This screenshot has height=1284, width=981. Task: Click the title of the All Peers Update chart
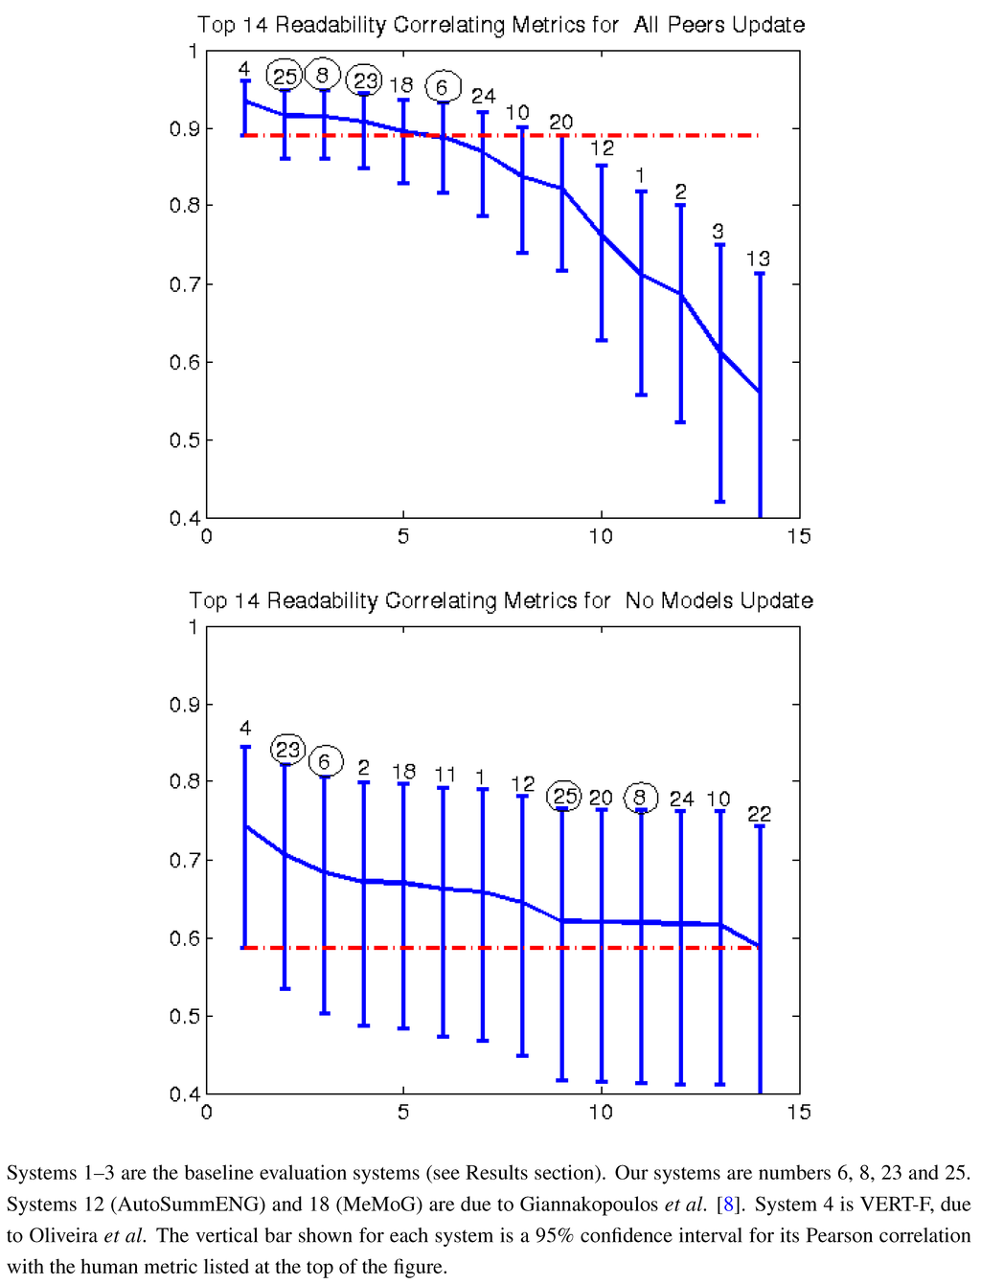tap(500, 25)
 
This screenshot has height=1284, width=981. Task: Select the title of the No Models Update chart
tap(500, 600)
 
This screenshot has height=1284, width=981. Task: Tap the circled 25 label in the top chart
tap(285, 76)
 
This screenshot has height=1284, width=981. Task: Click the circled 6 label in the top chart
tap(442, 87)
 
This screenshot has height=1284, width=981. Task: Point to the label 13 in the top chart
tap(758, 259)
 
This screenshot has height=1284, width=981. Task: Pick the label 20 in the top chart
tap(561, 122)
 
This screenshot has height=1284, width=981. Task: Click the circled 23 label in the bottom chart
tap(287, 750)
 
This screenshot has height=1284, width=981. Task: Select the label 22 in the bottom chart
tap(759, 814)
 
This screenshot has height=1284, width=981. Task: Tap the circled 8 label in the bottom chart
tap(640, 797)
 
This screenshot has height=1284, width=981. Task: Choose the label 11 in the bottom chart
tap(445, 774)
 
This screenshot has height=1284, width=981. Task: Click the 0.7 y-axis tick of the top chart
tap(184, 284)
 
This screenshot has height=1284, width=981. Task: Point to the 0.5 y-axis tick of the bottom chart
tap(184, 1016)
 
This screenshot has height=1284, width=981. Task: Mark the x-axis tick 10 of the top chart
tap(601, 536)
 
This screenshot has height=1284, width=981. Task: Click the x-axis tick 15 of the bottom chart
tap(799, 1112)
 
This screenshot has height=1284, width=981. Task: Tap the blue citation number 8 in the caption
tap(728, 1205)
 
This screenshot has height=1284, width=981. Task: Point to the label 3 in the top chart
tap(719, 232)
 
